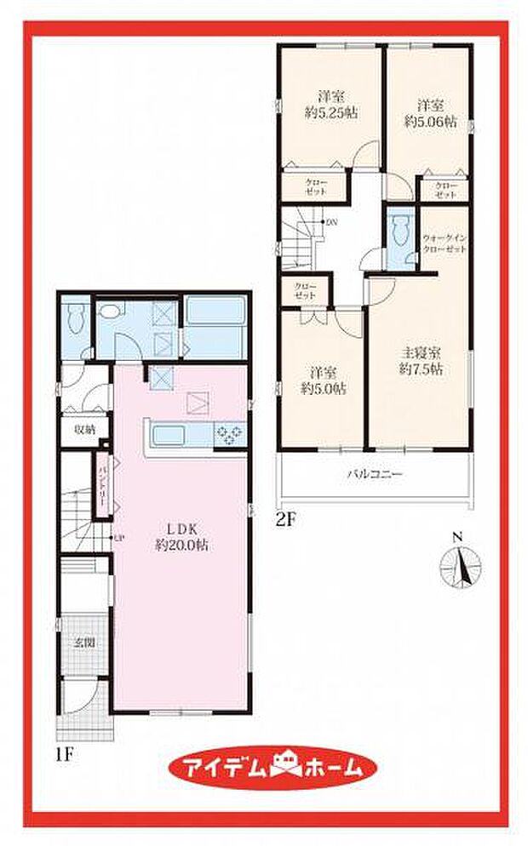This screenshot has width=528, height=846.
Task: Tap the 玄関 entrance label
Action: (x=83, y=643)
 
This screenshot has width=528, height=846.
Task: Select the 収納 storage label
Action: (x=83, y=429)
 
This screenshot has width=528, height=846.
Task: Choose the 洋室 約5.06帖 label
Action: (x=430, y=114)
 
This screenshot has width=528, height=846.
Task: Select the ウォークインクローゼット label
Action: (x=444, y=247)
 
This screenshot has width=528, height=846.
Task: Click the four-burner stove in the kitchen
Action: (x=229, y=434)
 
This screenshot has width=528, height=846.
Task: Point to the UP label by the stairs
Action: (x=119, y=535)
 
